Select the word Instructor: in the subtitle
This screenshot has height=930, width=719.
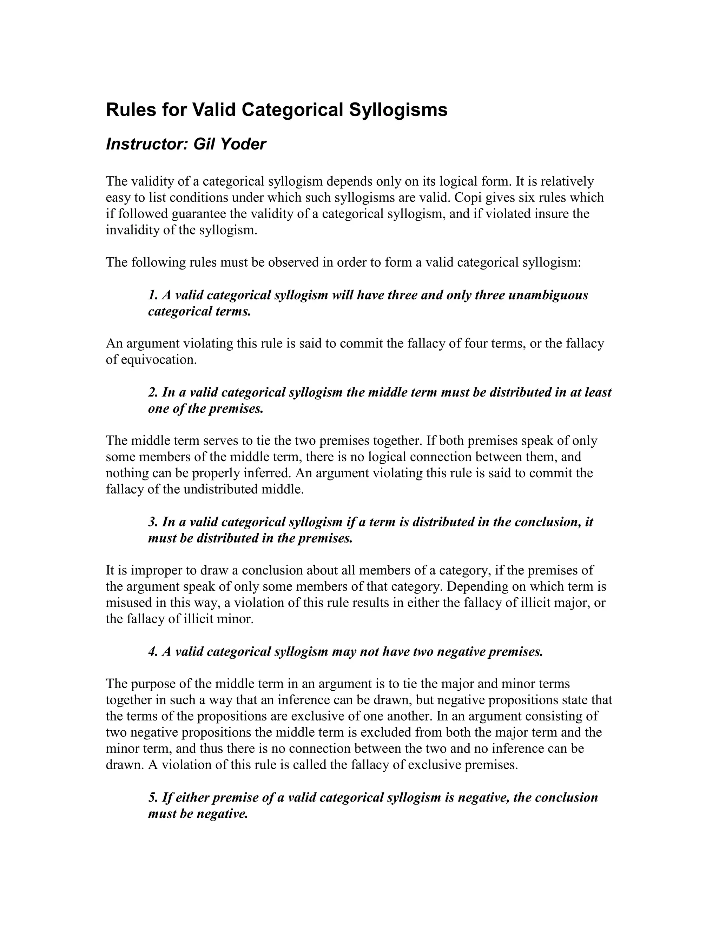pos(147,144)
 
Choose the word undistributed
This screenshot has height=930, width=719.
pos(221,489)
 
